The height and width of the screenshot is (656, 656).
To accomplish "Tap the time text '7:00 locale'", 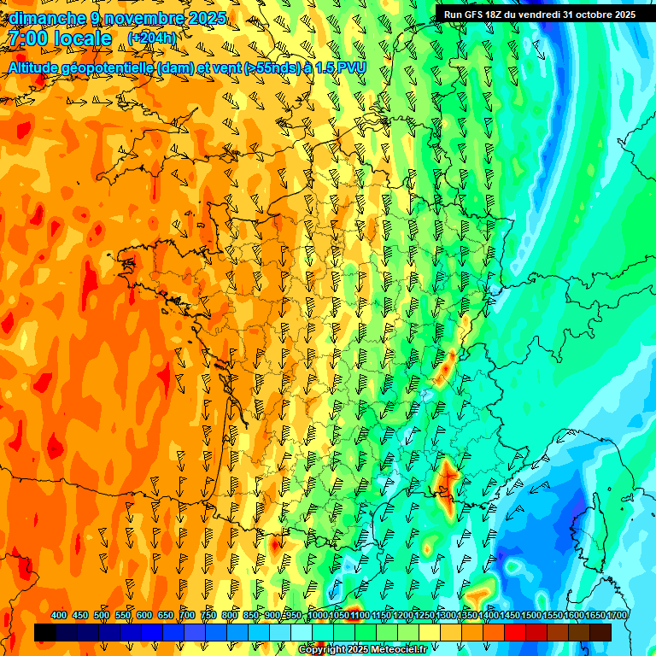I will tap(59, 38).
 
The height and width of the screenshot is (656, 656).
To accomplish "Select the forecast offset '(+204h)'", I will tap(152, 38).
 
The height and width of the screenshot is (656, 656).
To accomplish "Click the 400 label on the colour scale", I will tap(59, 615).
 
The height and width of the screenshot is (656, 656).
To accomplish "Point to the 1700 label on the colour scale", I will tap(617, 615).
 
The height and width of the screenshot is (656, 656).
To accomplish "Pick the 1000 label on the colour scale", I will tap(317, 615).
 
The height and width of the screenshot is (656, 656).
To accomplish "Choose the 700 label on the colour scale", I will tap(187, 615).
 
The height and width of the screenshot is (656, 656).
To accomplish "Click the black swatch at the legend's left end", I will tap(45, 633).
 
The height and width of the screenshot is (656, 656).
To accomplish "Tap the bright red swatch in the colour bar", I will tap(515, 633).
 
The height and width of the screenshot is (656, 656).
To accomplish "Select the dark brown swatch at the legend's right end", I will tap(600, 633).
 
